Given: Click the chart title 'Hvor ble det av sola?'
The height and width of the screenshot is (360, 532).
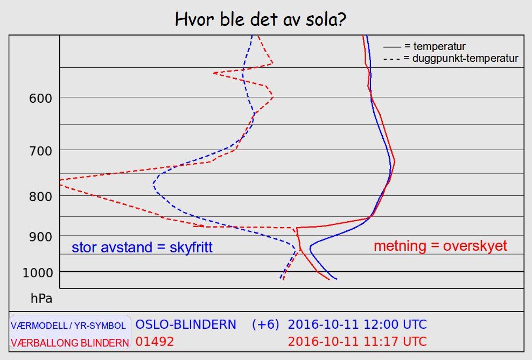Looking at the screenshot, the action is pos(260,20).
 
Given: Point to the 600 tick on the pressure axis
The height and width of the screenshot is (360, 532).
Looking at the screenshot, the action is pos(40,98).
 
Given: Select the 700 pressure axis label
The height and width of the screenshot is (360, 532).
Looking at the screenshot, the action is pos(40,151).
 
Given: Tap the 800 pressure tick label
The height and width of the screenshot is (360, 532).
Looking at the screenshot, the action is pos(40,196).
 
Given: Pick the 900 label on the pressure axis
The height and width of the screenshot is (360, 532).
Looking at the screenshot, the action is pos(40,237).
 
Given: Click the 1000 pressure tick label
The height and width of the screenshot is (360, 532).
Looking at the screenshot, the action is pos(38,272).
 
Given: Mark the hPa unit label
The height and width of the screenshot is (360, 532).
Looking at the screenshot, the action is pos(41,299).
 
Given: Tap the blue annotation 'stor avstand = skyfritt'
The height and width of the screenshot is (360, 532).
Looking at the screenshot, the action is pos(142,248).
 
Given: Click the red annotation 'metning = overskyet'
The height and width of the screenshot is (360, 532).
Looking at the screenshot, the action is pos(440,246).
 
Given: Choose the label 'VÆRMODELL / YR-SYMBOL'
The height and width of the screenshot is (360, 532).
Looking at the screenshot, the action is pos(68,326).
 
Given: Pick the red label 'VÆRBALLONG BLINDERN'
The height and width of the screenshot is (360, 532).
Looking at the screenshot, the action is pos(70,343).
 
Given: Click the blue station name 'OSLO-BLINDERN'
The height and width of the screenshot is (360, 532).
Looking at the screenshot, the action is pos(186,324).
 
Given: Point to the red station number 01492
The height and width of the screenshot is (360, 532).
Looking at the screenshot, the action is pos(155,342).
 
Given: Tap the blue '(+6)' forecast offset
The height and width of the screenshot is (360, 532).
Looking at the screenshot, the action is pos(265,324).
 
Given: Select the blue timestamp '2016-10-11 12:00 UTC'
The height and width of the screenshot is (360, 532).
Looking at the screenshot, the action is pos(357,324).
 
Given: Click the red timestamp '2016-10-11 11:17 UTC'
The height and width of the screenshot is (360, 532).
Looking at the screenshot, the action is pos(357,342).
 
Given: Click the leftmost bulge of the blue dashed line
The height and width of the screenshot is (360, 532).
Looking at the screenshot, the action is pos(153,183).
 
